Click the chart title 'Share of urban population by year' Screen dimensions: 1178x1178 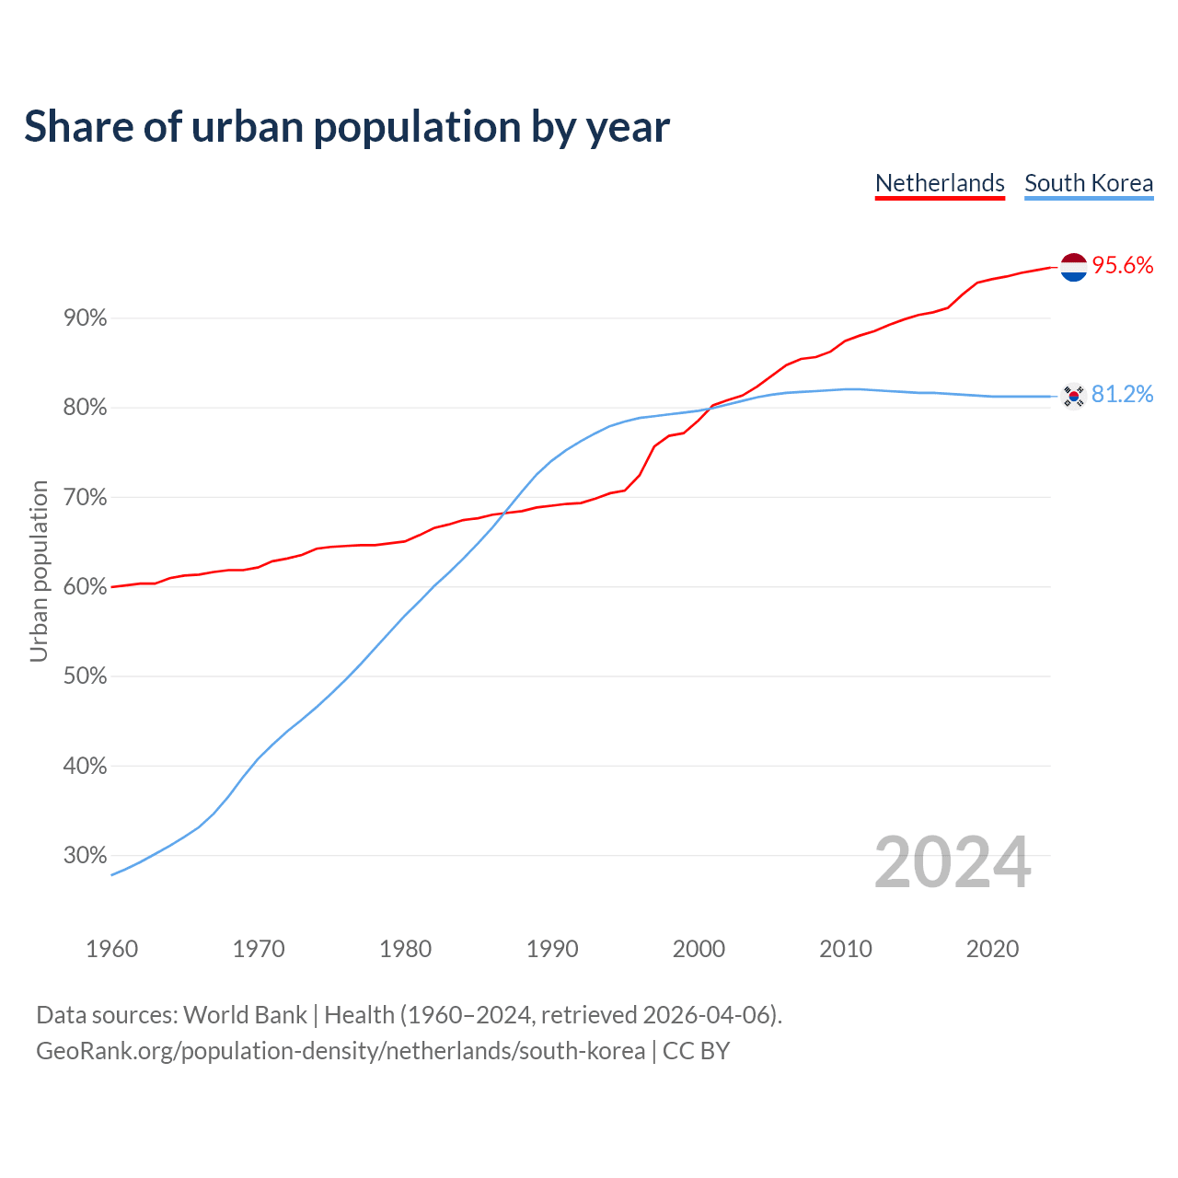[x=347, y=127]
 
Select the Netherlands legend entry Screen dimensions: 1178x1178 [x=940, y=183]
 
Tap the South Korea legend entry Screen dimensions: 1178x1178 [x=1089, y=183]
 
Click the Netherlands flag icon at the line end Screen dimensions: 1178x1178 [x=1073, y=267]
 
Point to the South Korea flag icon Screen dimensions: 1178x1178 [x=1073, y=396]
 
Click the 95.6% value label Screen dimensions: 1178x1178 [x=1122, y=266]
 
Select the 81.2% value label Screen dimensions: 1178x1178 [x=1122, y=395]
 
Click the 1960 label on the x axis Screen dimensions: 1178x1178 [x=112, y=949]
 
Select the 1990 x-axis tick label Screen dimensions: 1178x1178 [x=552, y=949]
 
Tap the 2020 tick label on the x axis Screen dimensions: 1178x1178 [x=992, y=949]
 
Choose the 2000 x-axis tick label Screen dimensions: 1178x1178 [x=699, y=949]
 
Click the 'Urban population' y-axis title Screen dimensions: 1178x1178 [x=39, y=571]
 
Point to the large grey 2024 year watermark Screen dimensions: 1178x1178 [x=953, y=862]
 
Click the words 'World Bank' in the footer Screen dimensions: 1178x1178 [x=245, y=1015]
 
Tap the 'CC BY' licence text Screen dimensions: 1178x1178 [x=696, y=1051]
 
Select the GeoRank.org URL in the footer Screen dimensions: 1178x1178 [x=341, y=1051]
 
